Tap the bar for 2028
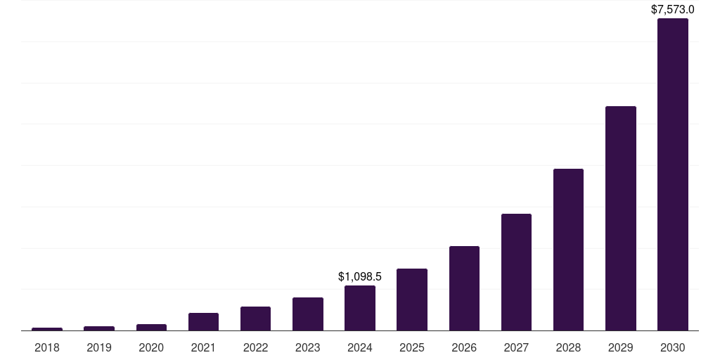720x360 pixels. pyautogui.click(x=568, y=250)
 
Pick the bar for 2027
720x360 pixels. pyautogui.click(x=516, y=272)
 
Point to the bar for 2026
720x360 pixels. pyautogui.click(x=464, y=288)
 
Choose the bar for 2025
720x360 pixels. pyautogui.click(x=412, y=300)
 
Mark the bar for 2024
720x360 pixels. pyautogui.click(x=360, y=308)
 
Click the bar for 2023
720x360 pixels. pyautogui.click(x=308, y=314)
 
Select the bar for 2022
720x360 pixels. pyautogui.click(x=255, y=319)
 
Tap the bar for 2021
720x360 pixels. pyautogui.click(x=203, y=321)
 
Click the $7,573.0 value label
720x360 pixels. pyautogui.click(x=672, y=10)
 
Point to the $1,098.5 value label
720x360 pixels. pyautogui.click(x=360, y=277)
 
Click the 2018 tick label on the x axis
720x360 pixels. pyautogui.click(x=47, y=347)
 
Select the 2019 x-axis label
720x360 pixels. pyautogui.click(x=99, y=347)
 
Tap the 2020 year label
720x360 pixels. pyautogui.click(x=151, y=347)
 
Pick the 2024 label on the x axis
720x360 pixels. pyautogui.click(x=360, y=347)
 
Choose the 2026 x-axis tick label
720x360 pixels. pyautogui.click(x=464, y=347)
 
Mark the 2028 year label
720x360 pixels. pyautogui.click(x=568, y=347)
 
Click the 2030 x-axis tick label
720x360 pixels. pyautogui.click(x=672, y=347)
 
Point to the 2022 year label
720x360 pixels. pyautogui.click(x=255, y=347)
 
